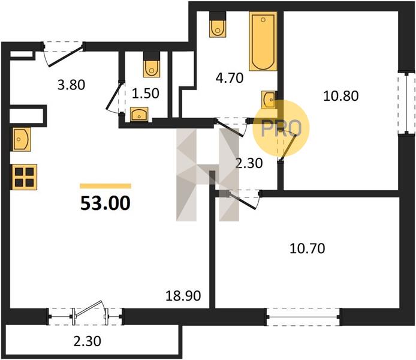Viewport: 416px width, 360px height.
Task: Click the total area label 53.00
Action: click(105, 203)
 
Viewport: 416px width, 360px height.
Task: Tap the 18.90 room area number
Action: click(183, 296)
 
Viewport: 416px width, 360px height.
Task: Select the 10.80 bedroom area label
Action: click(341, 96)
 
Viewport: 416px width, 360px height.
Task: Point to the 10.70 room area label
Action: click(308, 248)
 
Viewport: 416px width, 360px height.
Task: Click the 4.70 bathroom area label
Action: click(230, 78)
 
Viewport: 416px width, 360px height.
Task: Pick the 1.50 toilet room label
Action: click(146, 94)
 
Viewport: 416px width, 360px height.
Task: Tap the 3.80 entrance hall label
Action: click(71, 85)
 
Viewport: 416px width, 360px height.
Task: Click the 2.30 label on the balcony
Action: click(88, 341)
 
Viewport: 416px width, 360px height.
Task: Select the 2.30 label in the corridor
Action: click(249, 163)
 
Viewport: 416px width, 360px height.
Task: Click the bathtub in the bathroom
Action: click(263, 41)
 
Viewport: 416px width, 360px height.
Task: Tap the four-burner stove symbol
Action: click(24, 177)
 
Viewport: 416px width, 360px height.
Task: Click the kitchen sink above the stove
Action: click(21, 139)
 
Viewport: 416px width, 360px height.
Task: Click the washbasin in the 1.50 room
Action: click(139, 114)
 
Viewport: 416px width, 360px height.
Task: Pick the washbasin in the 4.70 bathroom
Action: click(269, 100)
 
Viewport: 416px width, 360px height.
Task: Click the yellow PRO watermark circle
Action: click(281, 128)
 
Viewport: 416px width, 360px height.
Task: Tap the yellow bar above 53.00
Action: click(105, 186)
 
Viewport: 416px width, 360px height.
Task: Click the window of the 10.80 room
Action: click(406, 104)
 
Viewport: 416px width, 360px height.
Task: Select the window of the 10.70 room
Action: click(304, 317)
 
